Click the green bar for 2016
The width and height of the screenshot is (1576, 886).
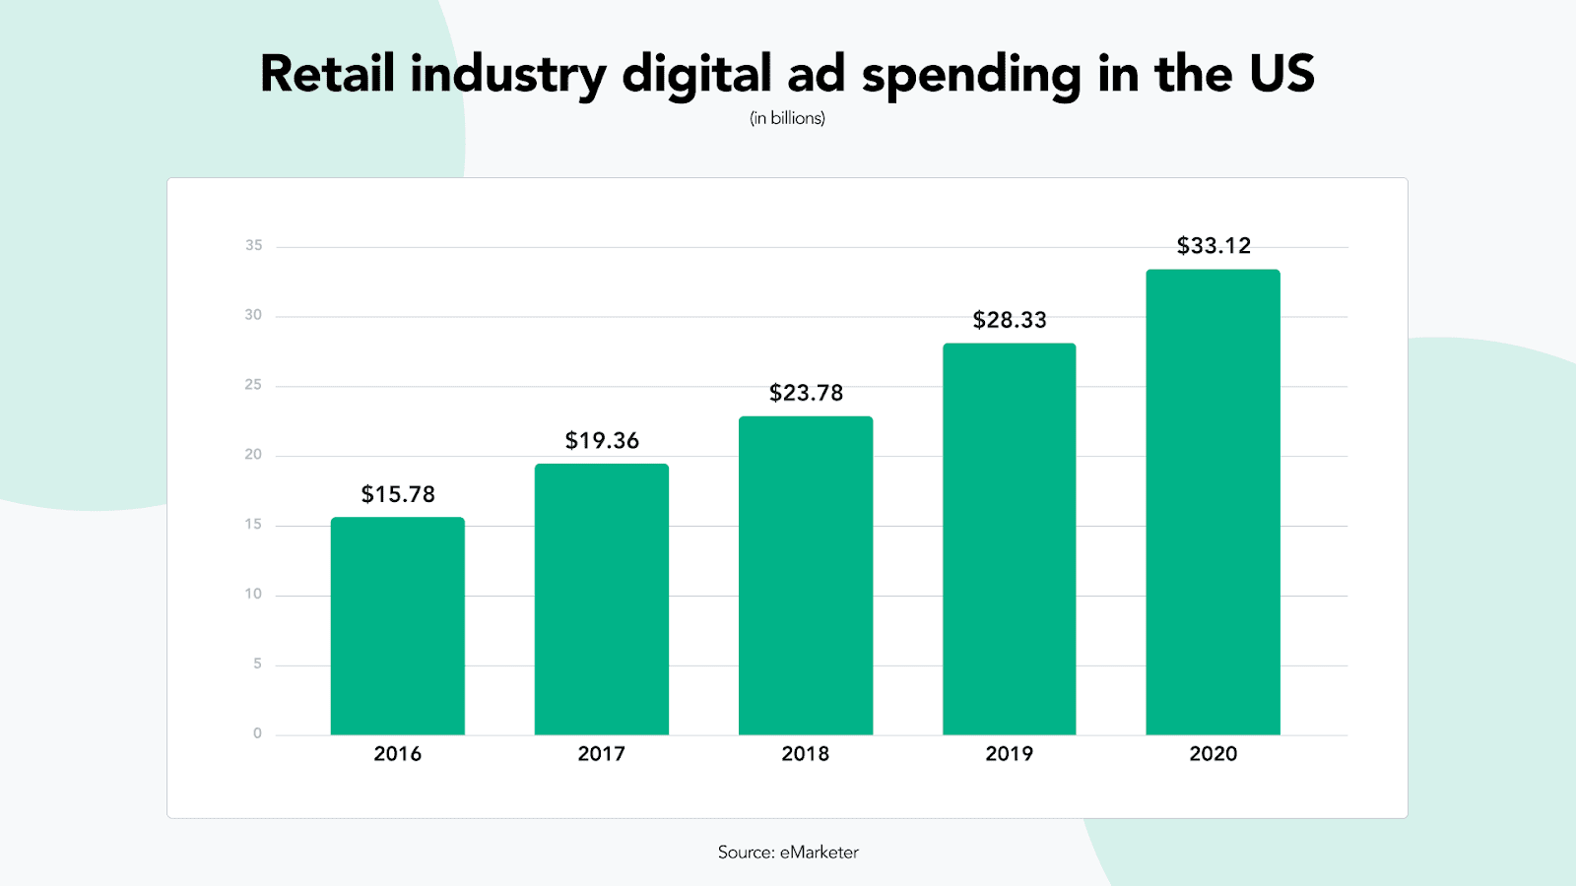pos(397,626)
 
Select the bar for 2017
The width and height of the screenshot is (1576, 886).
pos(601,600)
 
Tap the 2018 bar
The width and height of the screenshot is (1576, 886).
pos(806,576)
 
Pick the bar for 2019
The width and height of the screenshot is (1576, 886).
pos(1009,539)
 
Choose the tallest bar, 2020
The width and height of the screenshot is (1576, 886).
pos(1213,502)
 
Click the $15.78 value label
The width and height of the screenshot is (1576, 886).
pos(398,494)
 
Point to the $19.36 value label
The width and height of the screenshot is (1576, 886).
pos(602,440)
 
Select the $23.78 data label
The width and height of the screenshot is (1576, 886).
pos(806,393)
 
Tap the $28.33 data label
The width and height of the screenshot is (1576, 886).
pos(1010,320)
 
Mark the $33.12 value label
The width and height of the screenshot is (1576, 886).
pos(1214,245)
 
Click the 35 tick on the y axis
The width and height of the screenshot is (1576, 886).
pos(254,245)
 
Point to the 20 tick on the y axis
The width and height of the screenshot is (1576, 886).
pos(254,454)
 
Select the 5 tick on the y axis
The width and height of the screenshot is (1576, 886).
pos(257,664)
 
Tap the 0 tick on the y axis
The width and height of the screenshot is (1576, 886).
pos(257,733)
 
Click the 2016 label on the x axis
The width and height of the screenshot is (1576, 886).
pos(398,754)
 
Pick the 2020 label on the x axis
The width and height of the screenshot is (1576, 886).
pos(1214,754)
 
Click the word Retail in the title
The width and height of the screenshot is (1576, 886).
pos(327,74)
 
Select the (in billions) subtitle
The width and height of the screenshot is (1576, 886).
pos(787,118)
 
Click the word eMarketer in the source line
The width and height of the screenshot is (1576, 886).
pos(820,853)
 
